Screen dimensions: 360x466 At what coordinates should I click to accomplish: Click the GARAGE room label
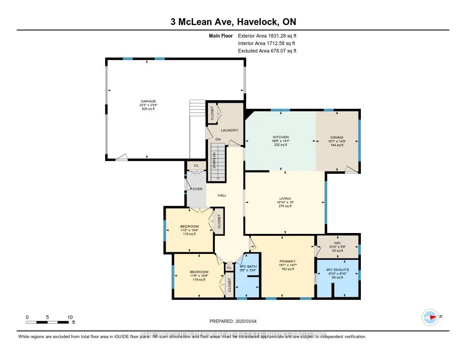pyautogui.click(x=148, y=101)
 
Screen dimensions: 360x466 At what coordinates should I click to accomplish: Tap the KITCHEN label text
pyautogui.click(x=281, y=137)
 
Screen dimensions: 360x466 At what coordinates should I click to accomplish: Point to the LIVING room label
pyautogui.click(x=285, y=198)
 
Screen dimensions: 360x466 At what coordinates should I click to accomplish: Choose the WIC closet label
pyautogui.click(x=337, y=243)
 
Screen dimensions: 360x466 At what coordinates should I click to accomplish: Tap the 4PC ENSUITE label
pyautogui.click(x=337, y=269)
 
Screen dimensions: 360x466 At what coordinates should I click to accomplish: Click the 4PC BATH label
pyautogui.click(x=248, y=266)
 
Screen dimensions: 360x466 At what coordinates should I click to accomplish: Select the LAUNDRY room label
pyautogui.click(x=229, y=130)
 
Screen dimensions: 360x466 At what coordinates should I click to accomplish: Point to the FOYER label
pyautogui.click(x=196, y=188)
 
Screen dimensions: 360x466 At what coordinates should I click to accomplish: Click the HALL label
pyautogui.click(x=222, y=195)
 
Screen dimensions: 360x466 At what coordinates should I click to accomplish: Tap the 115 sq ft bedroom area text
pyautogui.click(x=189, y=234)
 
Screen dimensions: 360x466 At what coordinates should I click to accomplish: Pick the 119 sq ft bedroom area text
pyautogui.click(x=198, y=280)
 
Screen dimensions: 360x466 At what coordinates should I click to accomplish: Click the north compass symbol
pyautogui.click(x=430, y=316)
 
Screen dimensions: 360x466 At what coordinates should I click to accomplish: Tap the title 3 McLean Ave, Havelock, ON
pyautogui.click(x=233, y=22)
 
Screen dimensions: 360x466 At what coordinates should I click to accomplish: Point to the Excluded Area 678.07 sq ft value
pyautogui.click(x=267, y=51)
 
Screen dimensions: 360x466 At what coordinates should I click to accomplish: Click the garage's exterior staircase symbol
pyautogui.click(x=198, y=109)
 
